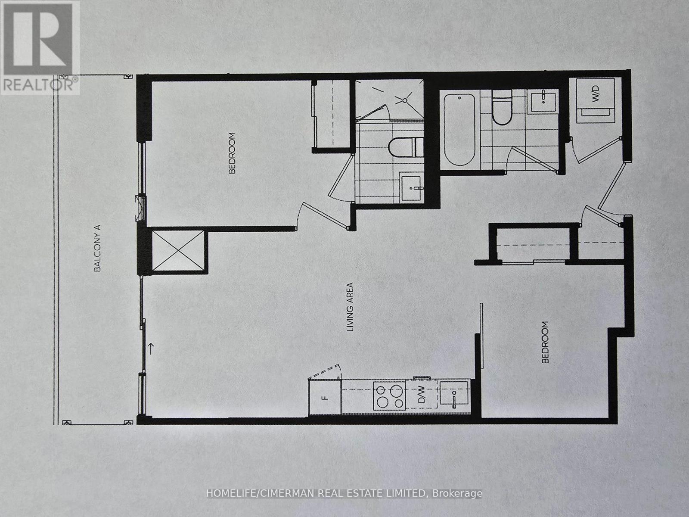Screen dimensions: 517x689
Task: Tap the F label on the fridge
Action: (x=325, y=397)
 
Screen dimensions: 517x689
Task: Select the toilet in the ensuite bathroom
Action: (x=403, y=147)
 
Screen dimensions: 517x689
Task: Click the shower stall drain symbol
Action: (x=404, y=100)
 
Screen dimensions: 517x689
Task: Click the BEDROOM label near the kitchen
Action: (x=546, y=342)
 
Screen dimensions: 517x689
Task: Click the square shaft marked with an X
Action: (x=178, y=251)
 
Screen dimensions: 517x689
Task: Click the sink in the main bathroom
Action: (x=543, y=102)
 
